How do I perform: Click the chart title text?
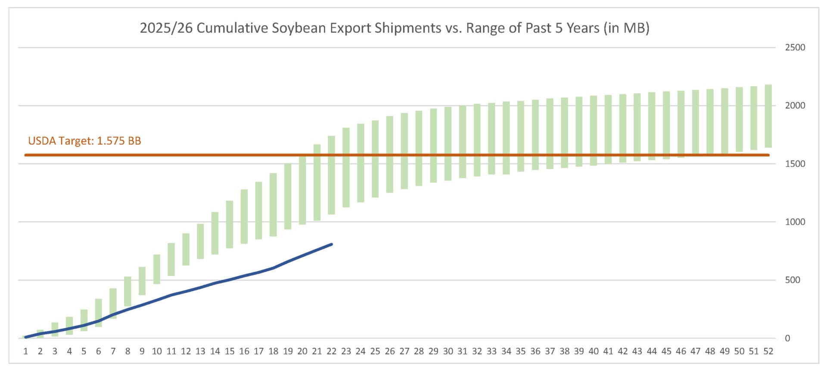[x=394, y=28]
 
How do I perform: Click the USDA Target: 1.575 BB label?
[x=84, y=141]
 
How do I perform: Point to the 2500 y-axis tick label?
[x=795, y=47]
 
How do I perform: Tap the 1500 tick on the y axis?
[x=795, y=164]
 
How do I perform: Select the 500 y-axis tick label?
[x=793, y=280]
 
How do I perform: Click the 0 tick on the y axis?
[x=787, y=338]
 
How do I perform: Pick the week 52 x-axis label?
[x=768, y=351]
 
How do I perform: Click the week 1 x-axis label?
[x=26, y=351]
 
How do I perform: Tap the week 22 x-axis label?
[x=331, y=351]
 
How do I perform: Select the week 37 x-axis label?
[x=550, y=351]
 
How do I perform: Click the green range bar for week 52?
[x=768, y=116]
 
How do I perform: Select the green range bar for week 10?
[x=157, y=269]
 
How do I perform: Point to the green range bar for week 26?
[x=390, y=154]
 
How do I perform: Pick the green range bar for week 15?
[x=230, y=225]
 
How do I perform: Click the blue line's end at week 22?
[x=331, y=244]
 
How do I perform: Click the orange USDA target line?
[x=431, y=155]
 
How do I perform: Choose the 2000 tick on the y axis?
[x=795, y=106]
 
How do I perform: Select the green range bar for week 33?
[x=491, y=138]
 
